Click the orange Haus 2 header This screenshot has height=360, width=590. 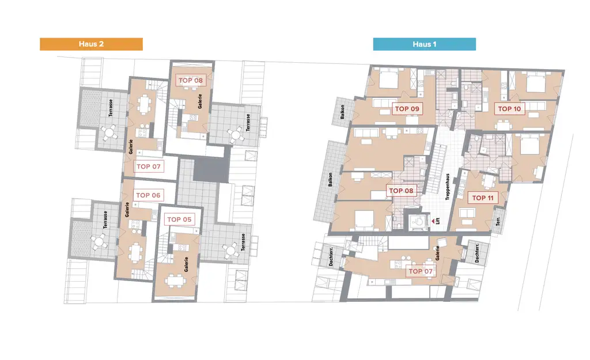tap(91, 44)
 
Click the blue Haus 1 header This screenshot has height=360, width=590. tap(424, 44)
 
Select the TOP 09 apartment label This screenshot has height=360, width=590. tap(407, 108)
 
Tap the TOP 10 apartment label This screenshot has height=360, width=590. tap(509, 108)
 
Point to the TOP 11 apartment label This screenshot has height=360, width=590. tap(483, 198)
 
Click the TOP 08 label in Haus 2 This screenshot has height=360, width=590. tap(190, 80)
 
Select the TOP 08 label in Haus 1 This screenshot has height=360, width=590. tap(402, 191)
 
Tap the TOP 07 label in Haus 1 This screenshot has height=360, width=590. tap(420, 271)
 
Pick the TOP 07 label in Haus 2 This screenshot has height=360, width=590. tap(149, 167)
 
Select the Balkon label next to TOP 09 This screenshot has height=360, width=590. tap(342, 112)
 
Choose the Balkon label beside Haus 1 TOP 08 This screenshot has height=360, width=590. tap(330, 181)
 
